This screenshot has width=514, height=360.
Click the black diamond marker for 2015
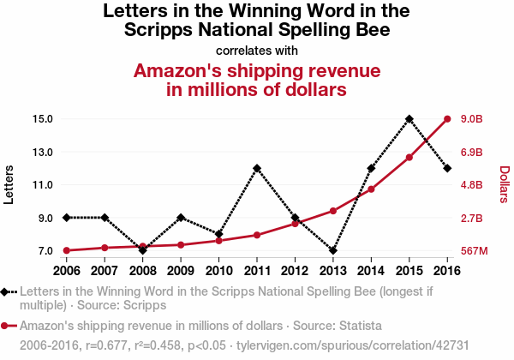(x=409, y=118)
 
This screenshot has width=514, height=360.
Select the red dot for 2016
(x=447, y=118)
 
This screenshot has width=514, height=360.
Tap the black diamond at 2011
(x=257, y=168)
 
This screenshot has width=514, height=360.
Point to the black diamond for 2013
(x=333, y=250)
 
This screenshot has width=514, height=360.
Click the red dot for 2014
(x=371, y=189)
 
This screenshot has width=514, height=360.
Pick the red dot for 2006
(x=67, y=250)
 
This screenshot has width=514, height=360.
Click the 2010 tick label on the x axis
(x=219, y=270)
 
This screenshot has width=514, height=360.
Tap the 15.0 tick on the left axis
(x=43, y=118)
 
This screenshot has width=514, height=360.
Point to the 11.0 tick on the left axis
(x=43, y=184)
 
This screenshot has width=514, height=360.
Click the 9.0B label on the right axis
(x=473, y=118)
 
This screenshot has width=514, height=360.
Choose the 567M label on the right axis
(x=474, y=251)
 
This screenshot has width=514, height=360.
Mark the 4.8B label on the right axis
(x=473, y=184)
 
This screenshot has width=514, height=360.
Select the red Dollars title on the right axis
(x=504, y=184)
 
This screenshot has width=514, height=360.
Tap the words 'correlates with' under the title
(x=257, y=51)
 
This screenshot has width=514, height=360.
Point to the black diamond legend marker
(x=6, y=291)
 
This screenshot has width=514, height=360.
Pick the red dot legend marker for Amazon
(x=6, y=326)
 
